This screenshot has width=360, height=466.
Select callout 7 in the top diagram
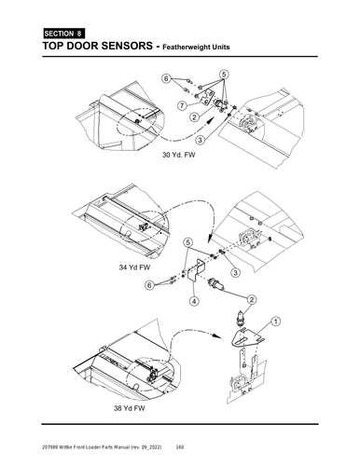click(184, 106)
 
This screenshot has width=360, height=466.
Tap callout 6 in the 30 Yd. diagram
click(166, 79)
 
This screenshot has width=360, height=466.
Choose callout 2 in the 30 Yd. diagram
click(193, 117)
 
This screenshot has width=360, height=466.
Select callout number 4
click(194, 300)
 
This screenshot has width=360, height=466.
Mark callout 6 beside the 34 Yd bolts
click(148, 287)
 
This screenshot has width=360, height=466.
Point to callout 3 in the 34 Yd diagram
click(235, 272)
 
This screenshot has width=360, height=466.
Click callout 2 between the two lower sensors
click(250, 299)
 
